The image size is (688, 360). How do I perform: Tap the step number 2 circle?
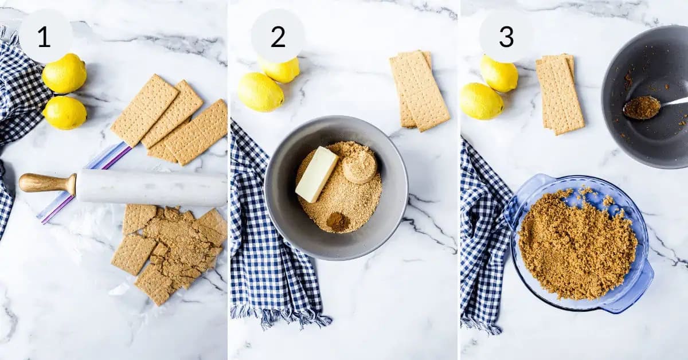(277, 37)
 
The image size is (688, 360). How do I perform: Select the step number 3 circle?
(506, 37)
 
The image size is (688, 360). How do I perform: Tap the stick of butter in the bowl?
(316, 174)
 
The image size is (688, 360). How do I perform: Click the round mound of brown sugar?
(359, 167)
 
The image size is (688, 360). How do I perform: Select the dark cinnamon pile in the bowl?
(338, 221)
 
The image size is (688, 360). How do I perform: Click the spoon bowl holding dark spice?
(642, 107)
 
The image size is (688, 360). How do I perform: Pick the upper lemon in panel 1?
(64, 73)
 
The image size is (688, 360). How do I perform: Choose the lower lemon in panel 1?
(65, 112)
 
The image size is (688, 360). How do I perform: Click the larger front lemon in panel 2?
(260, 92)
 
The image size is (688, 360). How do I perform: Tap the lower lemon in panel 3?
(480, 101)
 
